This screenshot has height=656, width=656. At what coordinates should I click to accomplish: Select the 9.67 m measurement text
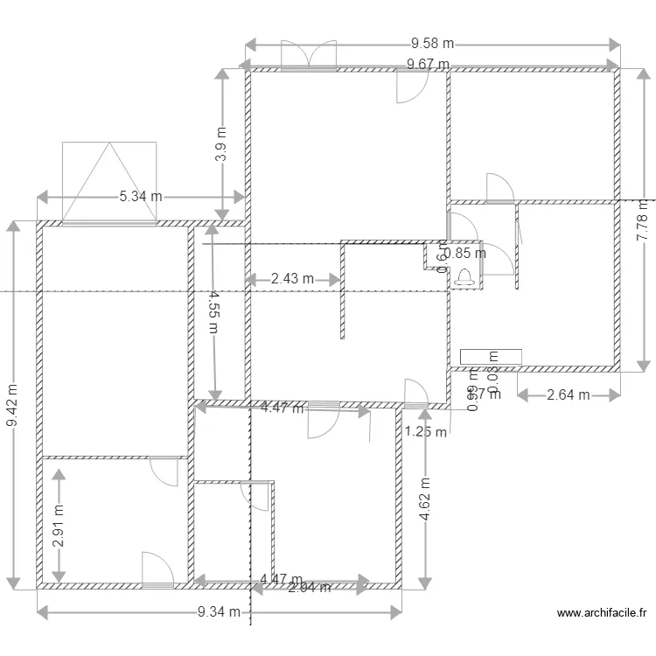coord(428,64)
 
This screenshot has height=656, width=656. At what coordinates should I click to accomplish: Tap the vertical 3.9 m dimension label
coord(221,145)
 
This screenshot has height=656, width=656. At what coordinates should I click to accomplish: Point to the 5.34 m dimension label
coord(141,197)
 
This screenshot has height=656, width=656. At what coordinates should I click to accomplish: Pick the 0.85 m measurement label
coord(464,255)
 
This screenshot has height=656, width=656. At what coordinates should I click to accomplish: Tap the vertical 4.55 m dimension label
coord(213,312)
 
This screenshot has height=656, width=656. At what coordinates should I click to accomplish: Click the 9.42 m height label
coord(12,407)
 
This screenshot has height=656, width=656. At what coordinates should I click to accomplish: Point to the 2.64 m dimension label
coord(569,395)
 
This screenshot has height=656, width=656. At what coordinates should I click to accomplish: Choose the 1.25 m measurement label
coord(425,431)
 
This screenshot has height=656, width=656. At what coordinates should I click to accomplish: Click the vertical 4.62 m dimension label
coord(425,499)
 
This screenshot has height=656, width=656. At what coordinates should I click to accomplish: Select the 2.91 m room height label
coord(59,526)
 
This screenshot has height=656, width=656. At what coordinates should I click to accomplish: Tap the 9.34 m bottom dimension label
coord(219,612)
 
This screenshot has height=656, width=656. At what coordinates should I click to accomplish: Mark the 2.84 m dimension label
coord(310,588)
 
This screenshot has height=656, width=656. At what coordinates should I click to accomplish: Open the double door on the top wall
coord(308,54)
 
